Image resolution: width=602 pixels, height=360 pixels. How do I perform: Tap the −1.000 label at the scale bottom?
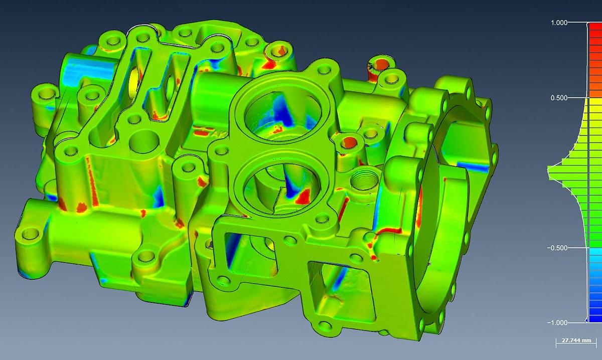tap(569, 322)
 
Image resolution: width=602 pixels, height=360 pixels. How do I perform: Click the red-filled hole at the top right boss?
tap(382, 64)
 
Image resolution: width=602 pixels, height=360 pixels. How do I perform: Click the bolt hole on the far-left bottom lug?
tap(31, 233)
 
